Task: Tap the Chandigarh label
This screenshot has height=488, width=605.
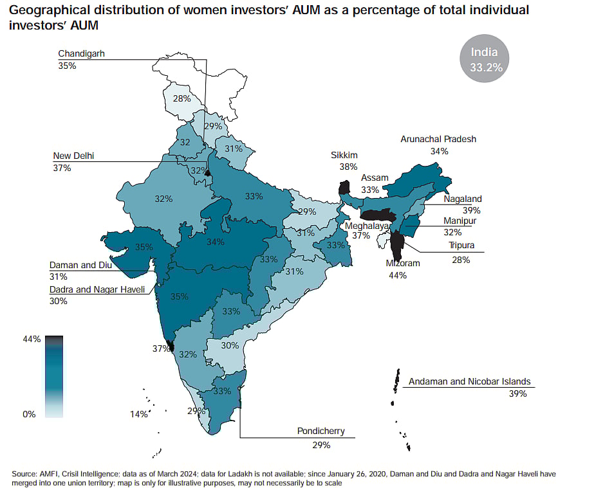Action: (x=81, y=54)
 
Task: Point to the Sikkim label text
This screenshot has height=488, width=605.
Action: (x=344, y=156)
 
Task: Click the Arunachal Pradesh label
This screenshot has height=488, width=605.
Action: (x=438, y=139)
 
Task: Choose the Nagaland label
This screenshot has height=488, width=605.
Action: (x=462, y=199)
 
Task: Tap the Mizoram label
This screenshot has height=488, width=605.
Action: (x=402, y=264)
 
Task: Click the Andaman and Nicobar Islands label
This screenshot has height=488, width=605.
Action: (x=470, y=381)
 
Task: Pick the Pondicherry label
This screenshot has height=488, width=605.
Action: (x=321, y=431)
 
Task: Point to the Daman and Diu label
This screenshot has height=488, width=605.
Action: (x=81, y=265)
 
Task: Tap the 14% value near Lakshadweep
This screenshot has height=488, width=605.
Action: (x=138, y=414)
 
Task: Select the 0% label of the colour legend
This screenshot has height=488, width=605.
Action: (x=30, y=414)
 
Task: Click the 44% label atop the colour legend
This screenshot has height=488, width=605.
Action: (x=32, y=339)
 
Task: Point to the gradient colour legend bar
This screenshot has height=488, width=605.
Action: (x=54, y=376)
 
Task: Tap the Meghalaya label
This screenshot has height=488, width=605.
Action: (x=367, y=226)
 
